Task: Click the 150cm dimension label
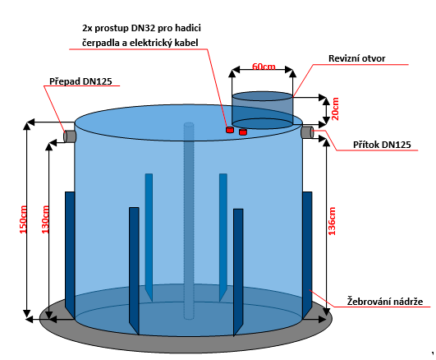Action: (23, 219)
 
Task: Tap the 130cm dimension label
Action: (45, 219)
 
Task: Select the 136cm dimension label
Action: (332, 221)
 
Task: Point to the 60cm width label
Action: (264, 67)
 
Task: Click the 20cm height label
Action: (336, 108)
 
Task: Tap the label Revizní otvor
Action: (356, 58)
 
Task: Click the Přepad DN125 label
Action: (80, 81)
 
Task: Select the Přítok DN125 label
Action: (382, 145)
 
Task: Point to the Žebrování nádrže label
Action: (385, 302)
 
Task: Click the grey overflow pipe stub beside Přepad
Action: (70, 136)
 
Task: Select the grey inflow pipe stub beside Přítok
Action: (307, 132)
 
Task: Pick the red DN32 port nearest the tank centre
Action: (230, 130)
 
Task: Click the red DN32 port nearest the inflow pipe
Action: (243, 132)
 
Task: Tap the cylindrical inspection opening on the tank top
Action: (262, 110)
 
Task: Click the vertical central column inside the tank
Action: (189, 221)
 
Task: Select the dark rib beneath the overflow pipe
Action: (70, 255)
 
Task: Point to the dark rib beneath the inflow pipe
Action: (307, 255)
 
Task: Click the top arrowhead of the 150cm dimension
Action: (27, 126)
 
